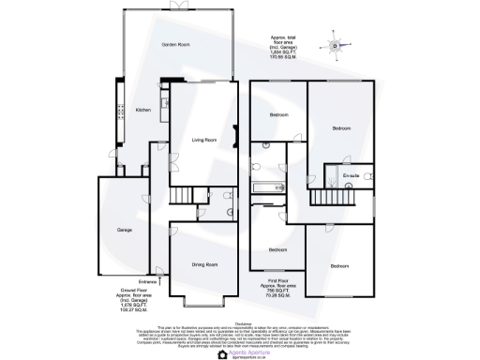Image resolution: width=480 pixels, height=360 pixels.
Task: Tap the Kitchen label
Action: (143, 110)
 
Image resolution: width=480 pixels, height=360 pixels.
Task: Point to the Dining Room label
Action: (204, 263)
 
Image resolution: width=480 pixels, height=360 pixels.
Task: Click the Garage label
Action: (124, 230)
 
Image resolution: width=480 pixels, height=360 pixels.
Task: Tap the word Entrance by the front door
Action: (148, 280)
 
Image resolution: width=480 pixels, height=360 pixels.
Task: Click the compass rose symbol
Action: (335, 43)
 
